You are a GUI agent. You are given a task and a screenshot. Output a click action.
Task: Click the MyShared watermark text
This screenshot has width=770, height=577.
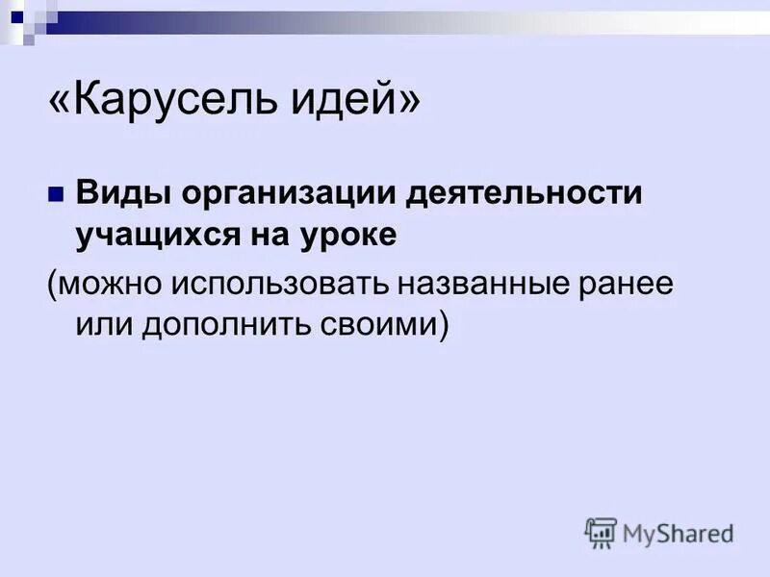(678, 532)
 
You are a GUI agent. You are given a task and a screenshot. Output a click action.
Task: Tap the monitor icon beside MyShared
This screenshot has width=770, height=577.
(601, 533)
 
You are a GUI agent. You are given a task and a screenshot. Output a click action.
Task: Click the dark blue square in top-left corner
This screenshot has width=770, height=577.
(16, 14)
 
